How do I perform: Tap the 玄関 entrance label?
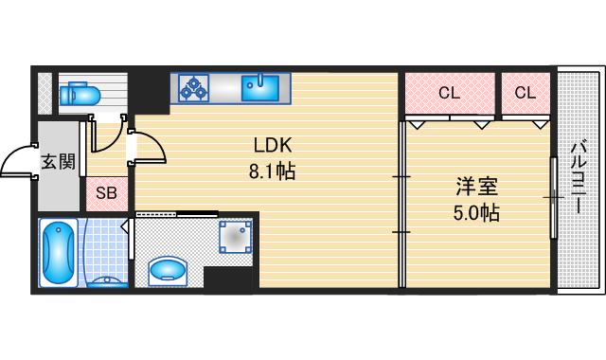point(57,162)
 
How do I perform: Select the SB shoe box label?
point(107,193)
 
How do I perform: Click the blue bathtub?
point(60,251)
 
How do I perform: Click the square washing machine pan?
point(236,236)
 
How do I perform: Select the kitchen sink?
point(258,89)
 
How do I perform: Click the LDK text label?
point(273,147)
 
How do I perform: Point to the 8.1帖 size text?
point(273,173)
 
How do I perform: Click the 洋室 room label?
point(475,186)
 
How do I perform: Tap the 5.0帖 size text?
point(475,212)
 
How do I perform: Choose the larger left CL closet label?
point(449,93)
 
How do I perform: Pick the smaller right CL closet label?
point(525,93)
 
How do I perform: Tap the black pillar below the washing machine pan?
point(230,278)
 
